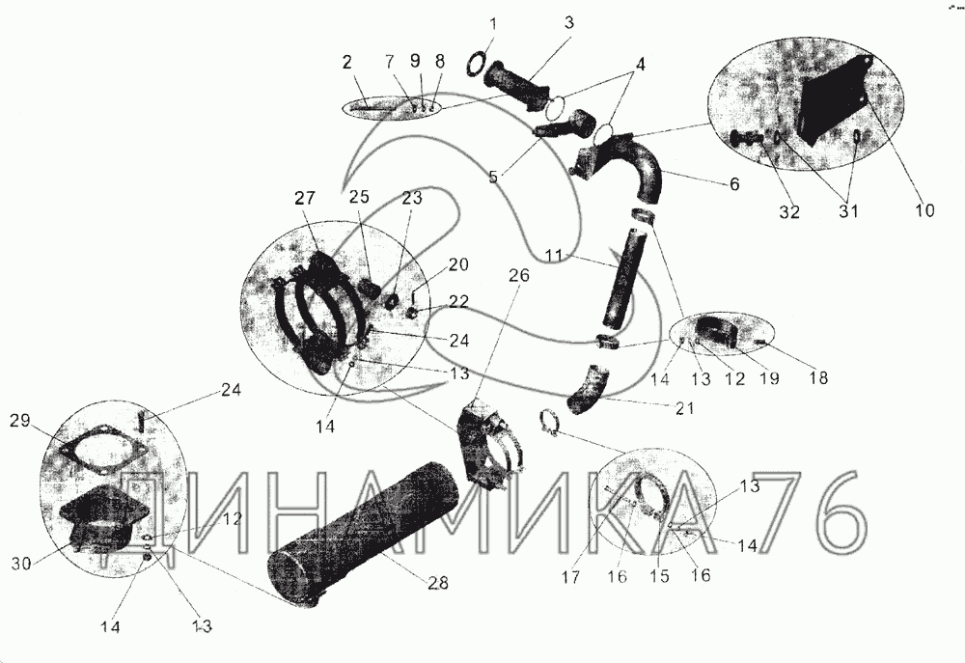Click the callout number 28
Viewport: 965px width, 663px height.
point(439,581)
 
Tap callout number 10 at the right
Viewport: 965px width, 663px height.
point(924,209)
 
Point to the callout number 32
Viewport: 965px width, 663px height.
point(789,211)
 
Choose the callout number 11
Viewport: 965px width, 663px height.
point(555,255)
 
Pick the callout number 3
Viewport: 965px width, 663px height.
point(569,23)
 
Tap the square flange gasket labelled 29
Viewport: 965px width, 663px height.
point(102,452)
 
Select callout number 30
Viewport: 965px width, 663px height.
point(21,563)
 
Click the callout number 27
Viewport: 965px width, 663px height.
point(305,198)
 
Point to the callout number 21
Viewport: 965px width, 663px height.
point(684,407)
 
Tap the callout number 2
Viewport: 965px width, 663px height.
point(347,62)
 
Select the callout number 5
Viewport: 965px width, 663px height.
point(493,177)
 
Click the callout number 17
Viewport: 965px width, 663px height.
point(571,577)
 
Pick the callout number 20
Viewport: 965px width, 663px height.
point(457,264)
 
